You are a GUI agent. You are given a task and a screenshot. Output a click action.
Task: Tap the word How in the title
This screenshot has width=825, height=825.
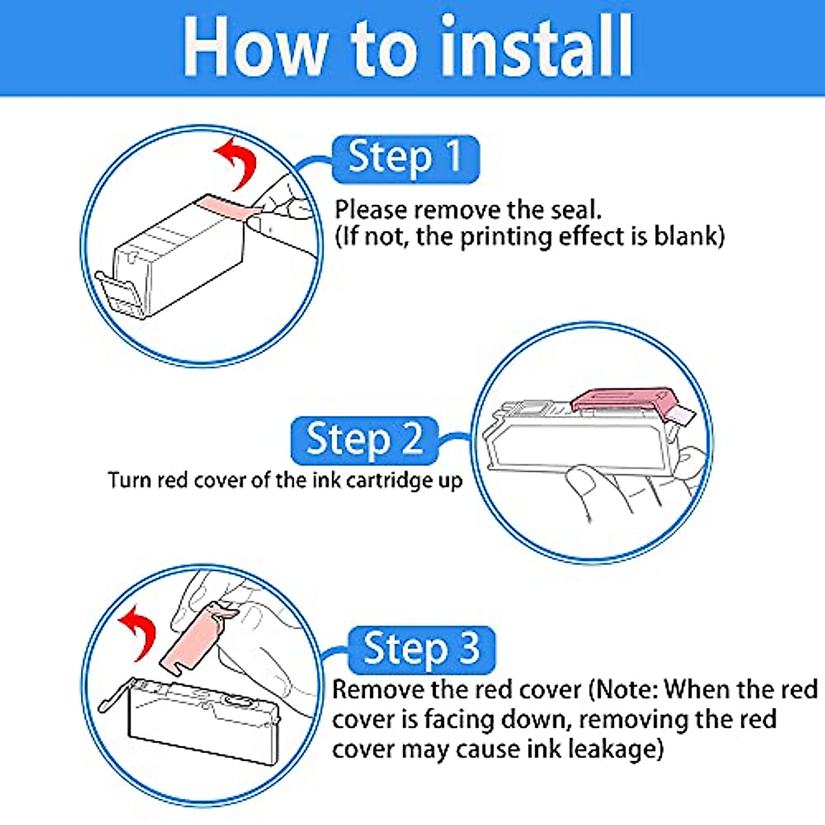pos(254,46)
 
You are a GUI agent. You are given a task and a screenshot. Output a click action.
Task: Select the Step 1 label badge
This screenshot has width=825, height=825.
pos(406,159)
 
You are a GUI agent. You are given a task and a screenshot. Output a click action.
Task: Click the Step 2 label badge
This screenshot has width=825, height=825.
pos(364,441)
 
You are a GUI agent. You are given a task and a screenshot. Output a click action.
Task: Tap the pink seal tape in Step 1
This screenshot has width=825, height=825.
pos(228,209)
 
